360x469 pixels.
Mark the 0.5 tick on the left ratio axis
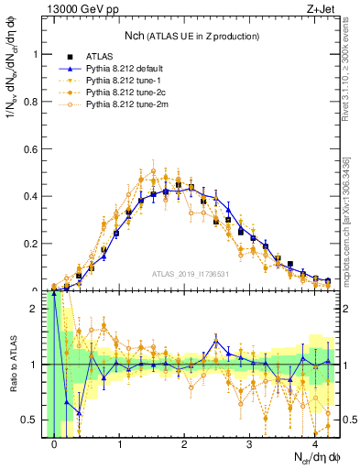tap(30, 420)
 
